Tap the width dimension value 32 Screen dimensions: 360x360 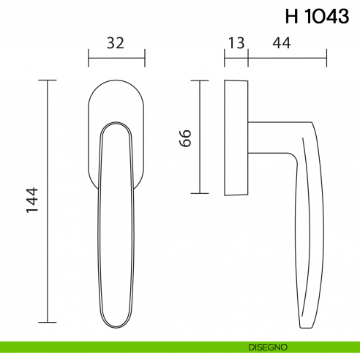pyautogui.click(x=116, y=43)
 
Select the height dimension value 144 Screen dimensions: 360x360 pyautogui.click(x=32, y=201)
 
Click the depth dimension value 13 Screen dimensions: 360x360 pyautogui.click(x=236, y=43)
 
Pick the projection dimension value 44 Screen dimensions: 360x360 pyautogui.click(x=281, y=43)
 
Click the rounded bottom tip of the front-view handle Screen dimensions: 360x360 pyautogui.click(x=116, y=322)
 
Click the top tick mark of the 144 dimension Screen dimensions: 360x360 pyautogui.click(x=48, y=80)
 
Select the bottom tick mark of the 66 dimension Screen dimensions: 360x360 pyautogui.click(x=199, y=193)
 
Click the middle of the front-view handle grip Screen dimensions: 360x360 pyautogui.click(x=116, y=220)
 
